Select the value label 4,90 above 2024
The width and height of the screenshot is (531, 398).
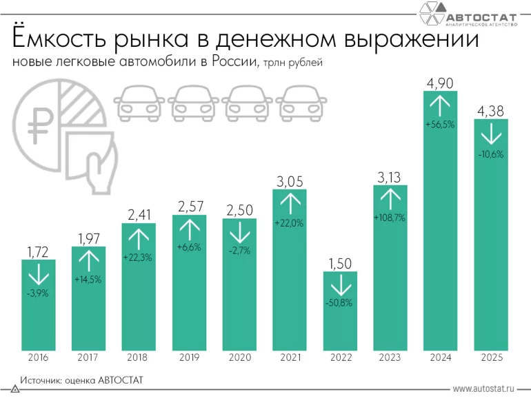pyautogui.click(x=441, y=83)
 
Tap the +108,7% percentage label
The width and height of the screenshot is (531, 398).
pyautogui.click(x=390, y=218)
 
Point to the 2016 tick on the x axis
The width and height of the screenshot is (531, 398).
pyautogui.click(x=38, y=357)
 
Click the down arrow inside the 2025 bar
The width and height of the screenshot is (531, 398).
pyautogui.click(x=491, y=134)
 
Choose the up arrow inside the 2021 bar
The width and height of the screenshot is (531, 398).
pyautogui.click(x=290, y=203)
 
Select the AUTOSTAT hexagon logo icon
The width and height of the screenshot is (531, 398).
pyautogui.click(x=432, y=14)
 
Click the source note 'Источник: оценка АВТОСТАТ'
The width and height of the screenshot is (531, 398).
pyautogui.click(x=81, y=379)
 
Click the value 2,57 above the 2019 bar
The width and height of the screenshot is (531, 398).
pyautogui.click(x=189, y=207)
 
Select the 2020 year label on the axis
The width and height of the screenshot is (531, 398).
pyautogui.click(x=239, y=357)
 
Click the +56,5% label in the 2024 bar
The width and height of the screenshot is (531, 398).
pyautogui.click(x=441, y=125)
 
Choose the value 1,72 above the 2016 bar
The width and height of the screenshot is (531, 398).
pyautogui.click(x=38, y=251)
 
